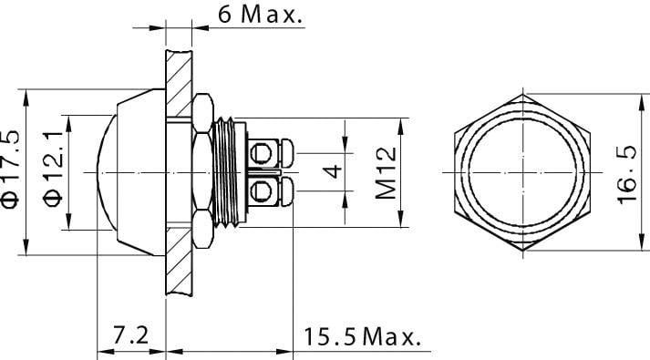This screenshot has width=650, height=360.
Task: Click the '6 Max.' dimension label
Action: pyautogui.click(x=247, y=15)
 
